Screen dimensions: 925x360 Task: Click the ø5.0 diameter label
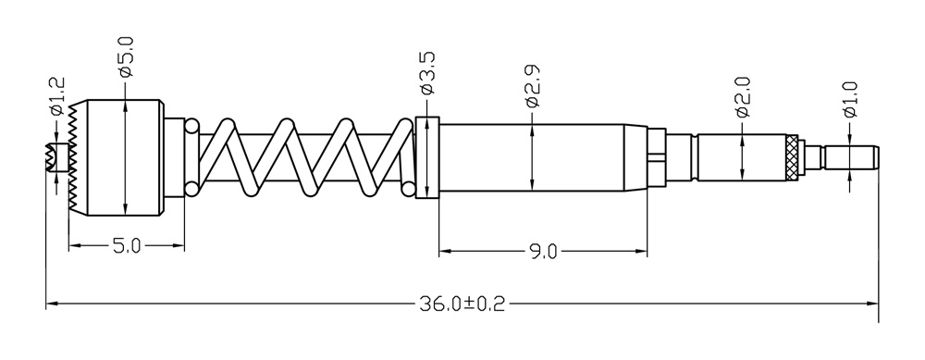click(126, 57)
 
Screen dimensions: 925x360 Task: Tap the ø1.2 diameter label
click(57, 95)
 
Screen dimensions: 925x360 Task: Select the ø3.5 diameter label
click(427, 72)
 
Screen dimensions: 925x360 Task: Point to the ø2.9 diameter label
click(532, 86)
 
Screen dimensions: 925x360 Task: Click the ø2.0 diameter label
click(742, 97)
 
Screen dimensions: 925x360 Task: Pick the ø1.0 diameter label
click(850, 100)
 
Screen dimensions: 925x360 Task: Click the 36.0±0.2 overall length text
click(462, 304)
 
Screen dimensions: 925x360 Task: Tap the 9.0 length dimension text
click(543, 252)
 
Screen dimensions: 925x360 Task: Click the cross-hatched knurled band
click(793, 158)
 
